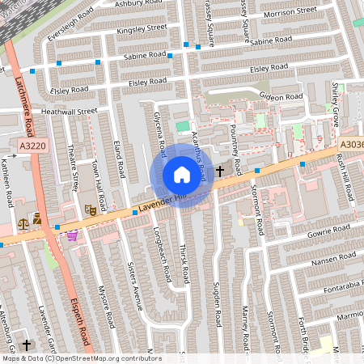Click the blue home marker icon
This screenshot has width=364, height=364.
(181, 175)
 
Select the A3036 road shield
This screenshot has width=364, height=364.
(352, 144)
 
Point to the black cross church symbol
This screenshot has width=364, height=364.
(219, 171)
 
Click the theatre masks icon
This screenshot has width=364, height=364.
(91, 209)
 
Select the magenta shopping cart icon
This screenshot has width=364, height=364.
(73, 236)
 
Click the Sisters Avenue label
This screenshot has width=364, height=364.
(133, 286)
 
